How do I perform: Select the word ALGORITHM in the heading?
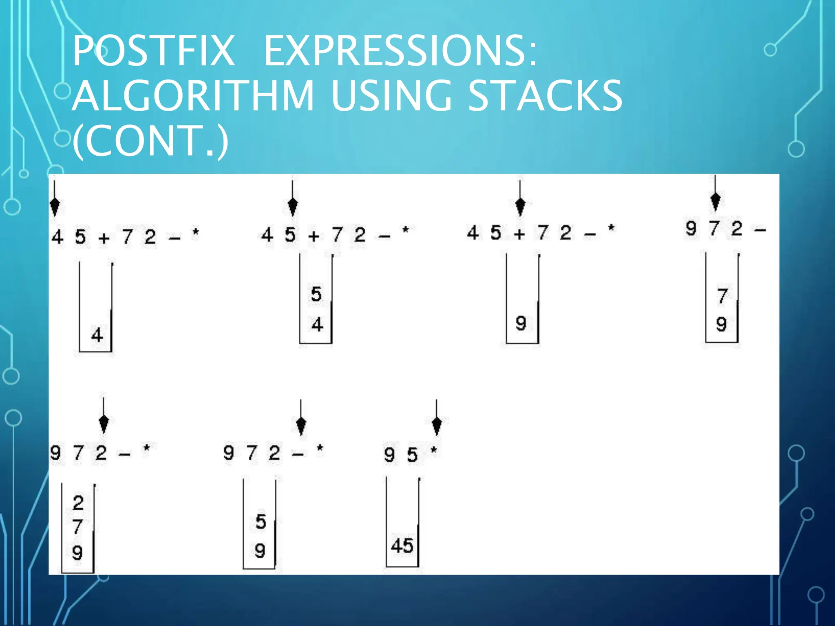pos(193,95)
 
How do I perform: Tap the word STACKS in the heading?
pos(545,95)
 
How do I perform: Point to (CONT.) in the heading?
pos(150,141)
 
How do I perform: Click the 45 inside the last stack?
pos(402,546)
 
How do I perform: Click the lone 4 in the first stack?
pos(97,335)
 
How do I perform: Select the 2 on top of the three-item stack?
pos(78,503)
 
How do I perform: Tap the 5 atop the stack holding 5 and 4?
pos(316,294)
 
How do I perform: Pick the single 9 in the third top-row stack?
pos(521,324)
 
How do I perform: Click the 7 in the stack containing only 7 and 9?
pos(722,296)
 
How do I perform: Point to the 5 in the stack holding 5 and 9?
pos(261,522)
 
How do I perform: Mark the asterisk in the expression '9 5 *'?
pos(434,451)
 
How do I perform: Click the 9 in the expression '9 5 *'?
pos(389,454)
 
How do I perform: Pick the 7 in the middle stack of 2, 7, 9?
pos(78,527)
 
